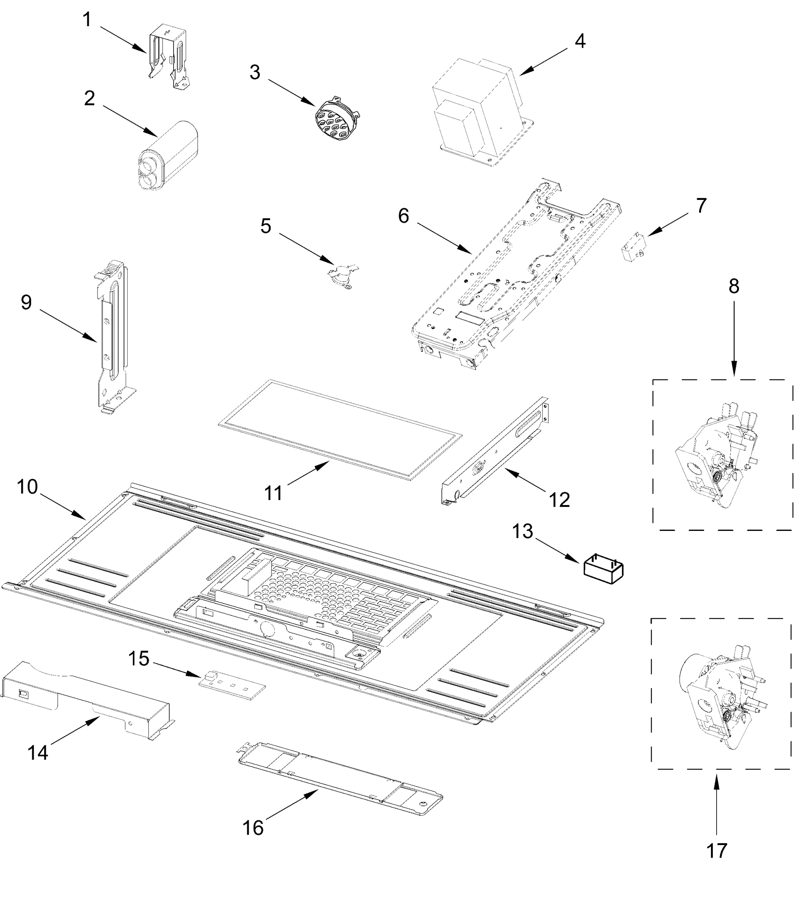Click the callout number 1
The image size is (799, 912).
(x=87, y=20)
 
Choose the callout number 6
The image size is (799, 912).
(x=403, y=216)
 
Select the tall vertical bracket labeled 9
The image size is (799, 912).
(x=112, y=335)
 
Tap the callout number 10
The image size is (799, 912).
(x=27, y=487)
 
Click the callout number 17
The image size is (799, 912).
(x=717, y=851)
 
